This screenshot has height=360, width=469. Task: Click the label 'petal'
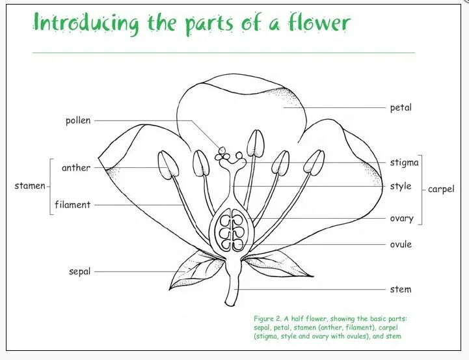[401, 107]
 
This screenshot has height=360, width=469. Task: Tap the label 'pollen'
[78, 120]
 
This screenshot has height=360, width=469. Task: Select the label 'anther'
[76, 168]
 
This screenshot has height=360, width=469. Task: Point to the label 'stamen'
[30, 186]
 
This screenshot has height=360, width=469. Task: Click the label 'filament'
[73, 205]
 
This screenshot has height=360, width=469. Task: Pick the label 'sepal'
[79, 271]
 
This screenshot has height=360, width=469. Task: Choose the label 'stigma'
[404, 163]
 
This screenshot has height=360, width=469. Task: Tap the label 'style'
[401, 187]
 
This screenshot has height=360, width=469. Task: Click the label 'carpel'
[441, 189]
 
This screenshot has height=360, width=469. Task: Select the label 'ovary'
[401, 218]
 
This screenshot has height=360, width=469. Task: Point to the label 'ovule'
[401, 245]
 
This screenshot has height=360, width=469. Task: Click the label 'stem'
[401, 289]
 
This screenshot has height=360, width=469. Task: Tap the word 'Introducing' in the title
[86, 24]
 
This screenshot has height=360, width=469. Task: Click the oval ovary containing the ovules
[228, 230]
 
